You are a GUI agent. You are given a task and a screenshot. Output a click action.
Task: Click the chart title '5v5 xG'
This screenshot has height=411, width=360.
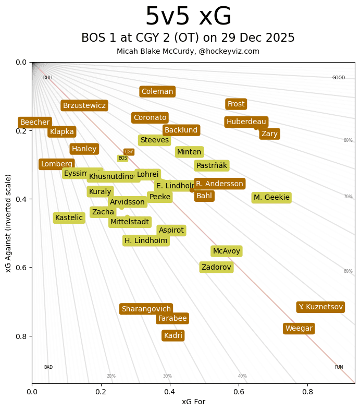tap(188, 17)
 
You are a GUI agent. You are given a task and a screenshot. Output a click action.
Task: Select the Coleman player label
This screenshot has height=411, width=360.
tap(157, 92)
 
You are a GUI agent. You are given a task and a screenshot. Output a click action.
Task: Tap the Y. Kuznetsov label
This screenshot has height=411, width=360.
tap(320, 307)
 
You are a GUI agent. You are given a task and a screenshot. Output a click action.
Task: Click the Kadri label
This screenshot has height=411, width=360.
tap(173, 335)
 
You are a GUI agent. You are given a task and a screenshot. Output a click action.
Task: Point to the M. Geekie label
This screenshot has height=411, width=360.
tap(271, 197)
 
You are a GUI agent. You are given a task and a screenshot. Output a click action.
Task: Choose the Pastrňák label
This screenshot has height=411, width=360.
tap(212, 165)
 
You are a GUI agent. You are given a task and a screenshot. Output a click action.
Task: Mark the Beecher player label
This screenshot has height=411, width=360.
tap(35, 122)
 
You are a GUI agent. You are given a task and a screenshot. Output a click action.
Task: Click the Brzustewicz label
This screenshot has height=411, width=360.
tap(84, 105)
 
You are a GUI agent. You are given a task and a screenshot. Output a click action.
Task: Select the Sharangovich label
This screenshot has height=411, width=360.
tap(146, 309)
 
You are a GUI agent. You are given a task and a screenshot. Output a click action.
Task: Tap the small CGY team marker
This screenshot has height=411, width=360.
tap(129, 152)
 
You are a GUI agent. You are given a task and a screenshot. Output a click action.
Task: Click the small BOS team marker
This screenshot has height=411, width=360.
tap(122, 158)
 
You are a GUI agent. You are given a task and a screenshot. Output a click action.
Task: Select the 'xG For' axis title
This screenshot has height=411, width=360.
tap(193, 402)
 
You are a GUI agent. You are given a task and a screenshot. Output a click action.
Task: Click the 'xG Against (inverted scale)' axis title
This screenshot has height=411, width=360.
tap(8, 223)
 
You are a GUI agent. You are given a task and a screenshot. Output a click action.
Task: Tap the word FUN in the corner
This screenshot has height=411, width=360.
tap(339, 367)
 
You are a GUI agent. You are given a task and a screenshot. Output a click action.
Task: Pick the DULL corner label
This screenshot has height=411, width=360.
tap(48, 78)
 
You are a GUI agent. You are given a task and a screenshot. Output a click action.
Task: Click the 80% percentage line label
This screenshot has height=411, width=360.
tap(347, 140)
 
